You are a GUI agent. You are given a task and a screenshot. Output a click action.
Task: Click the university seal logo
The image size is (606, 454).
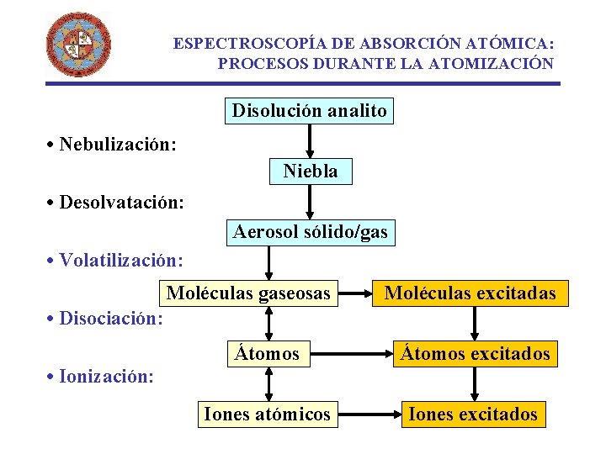(x=77, y=45)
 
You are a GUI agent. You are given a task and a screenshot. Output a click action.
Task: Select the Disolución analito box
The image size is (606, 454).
(x=310, y=111)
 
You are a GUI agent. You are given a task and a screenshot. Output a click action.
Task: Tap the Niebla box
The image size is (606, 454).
(x=311, y=172)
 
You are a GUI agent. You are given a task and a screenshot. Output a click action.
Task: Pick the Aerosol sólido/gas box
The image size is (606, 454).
(x=311, y=232)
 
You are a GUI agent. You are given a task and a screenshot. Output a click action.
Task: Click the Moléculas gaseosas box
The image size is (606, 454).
(x=248, y=293)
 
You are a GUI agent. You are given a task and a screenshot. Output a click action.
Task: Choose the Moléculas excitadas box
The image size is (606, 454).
(x=470, y=293)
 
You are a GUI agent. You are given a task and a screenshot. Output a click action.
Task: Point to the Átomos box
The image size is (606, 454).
(x=267, y=354)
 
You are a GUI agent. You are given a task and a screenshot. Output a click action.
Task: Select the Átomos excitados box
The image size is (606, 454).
(x=475, y=354)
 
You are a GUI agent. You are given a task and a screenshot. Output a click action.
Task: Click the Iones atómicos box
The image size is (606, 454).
(x=267, y=414)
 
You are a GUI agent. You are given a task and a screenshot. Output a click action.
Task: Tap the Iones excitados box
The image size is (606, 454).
(x=472, y=414)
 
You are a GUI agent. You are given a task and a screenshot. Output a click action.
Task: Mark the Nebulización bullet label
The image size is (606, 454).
(x=112, y=144)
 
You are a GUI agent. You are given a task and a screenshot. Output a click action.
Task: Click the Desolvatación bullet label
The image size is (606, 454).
(x=116, y=203)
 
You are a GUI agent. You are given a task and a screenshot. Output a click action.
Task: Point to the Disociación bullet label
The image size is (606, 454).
(x=105, y=319)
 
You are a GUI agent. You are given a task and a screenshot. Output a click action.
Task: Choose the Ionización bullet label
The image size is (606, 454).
(x=101, y=376)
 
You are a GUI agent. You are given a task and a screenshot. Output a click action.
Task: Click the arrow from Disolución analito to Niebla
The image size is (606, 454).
(x=311, y=141)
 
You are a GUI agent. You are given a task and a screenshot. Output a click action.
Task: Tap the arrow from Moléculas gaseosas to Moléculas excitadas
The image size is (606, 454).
(x=353, y=293)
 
